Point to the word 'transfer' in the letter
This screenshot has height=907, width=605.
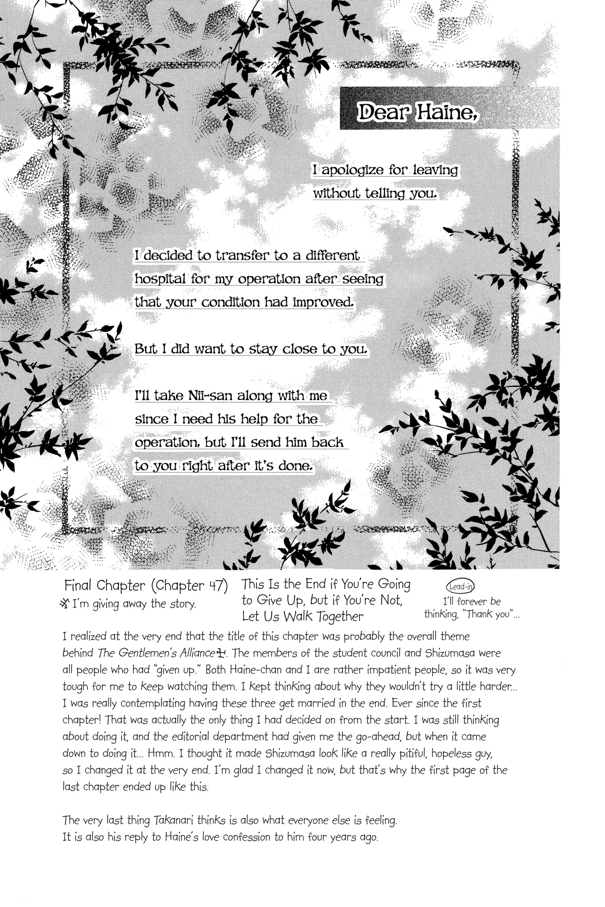point(238,256)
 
